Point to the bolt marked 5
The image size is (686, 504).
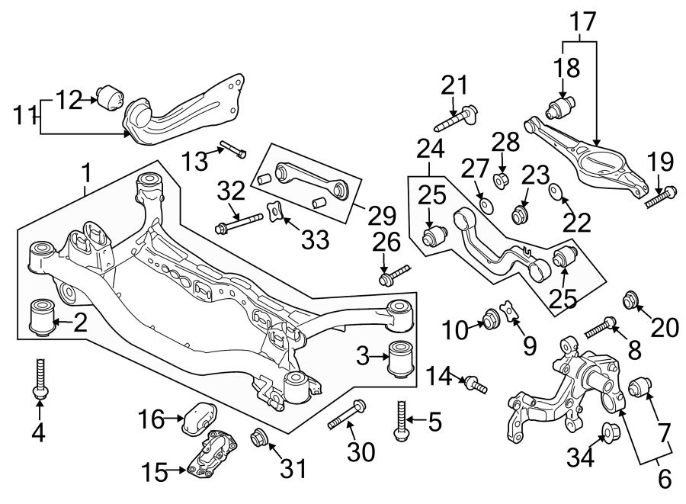(399, 420)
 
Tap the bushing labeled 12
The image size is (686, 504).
(109, 98)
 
